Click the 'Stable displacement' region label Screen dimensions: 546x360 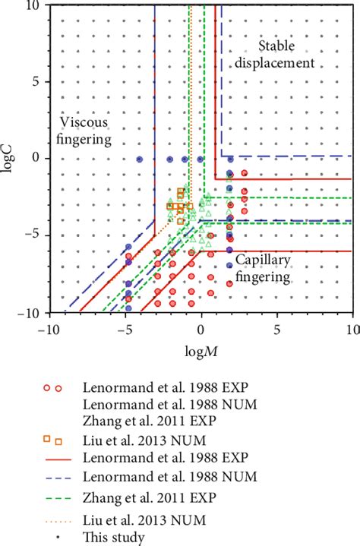point(285,55)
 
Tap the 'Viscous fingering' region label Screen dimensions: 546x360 point(86,131)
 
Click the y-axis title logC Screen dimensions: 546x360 point(8,159)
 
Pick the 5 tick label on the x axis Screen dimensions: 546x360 point(277,328)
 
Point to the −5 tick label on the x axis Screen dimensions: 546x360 point(122,328)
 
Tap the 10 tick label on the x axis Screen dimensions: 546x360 point(352,328)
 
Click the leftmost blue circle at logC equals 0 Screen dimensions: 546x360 point(140,159)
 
